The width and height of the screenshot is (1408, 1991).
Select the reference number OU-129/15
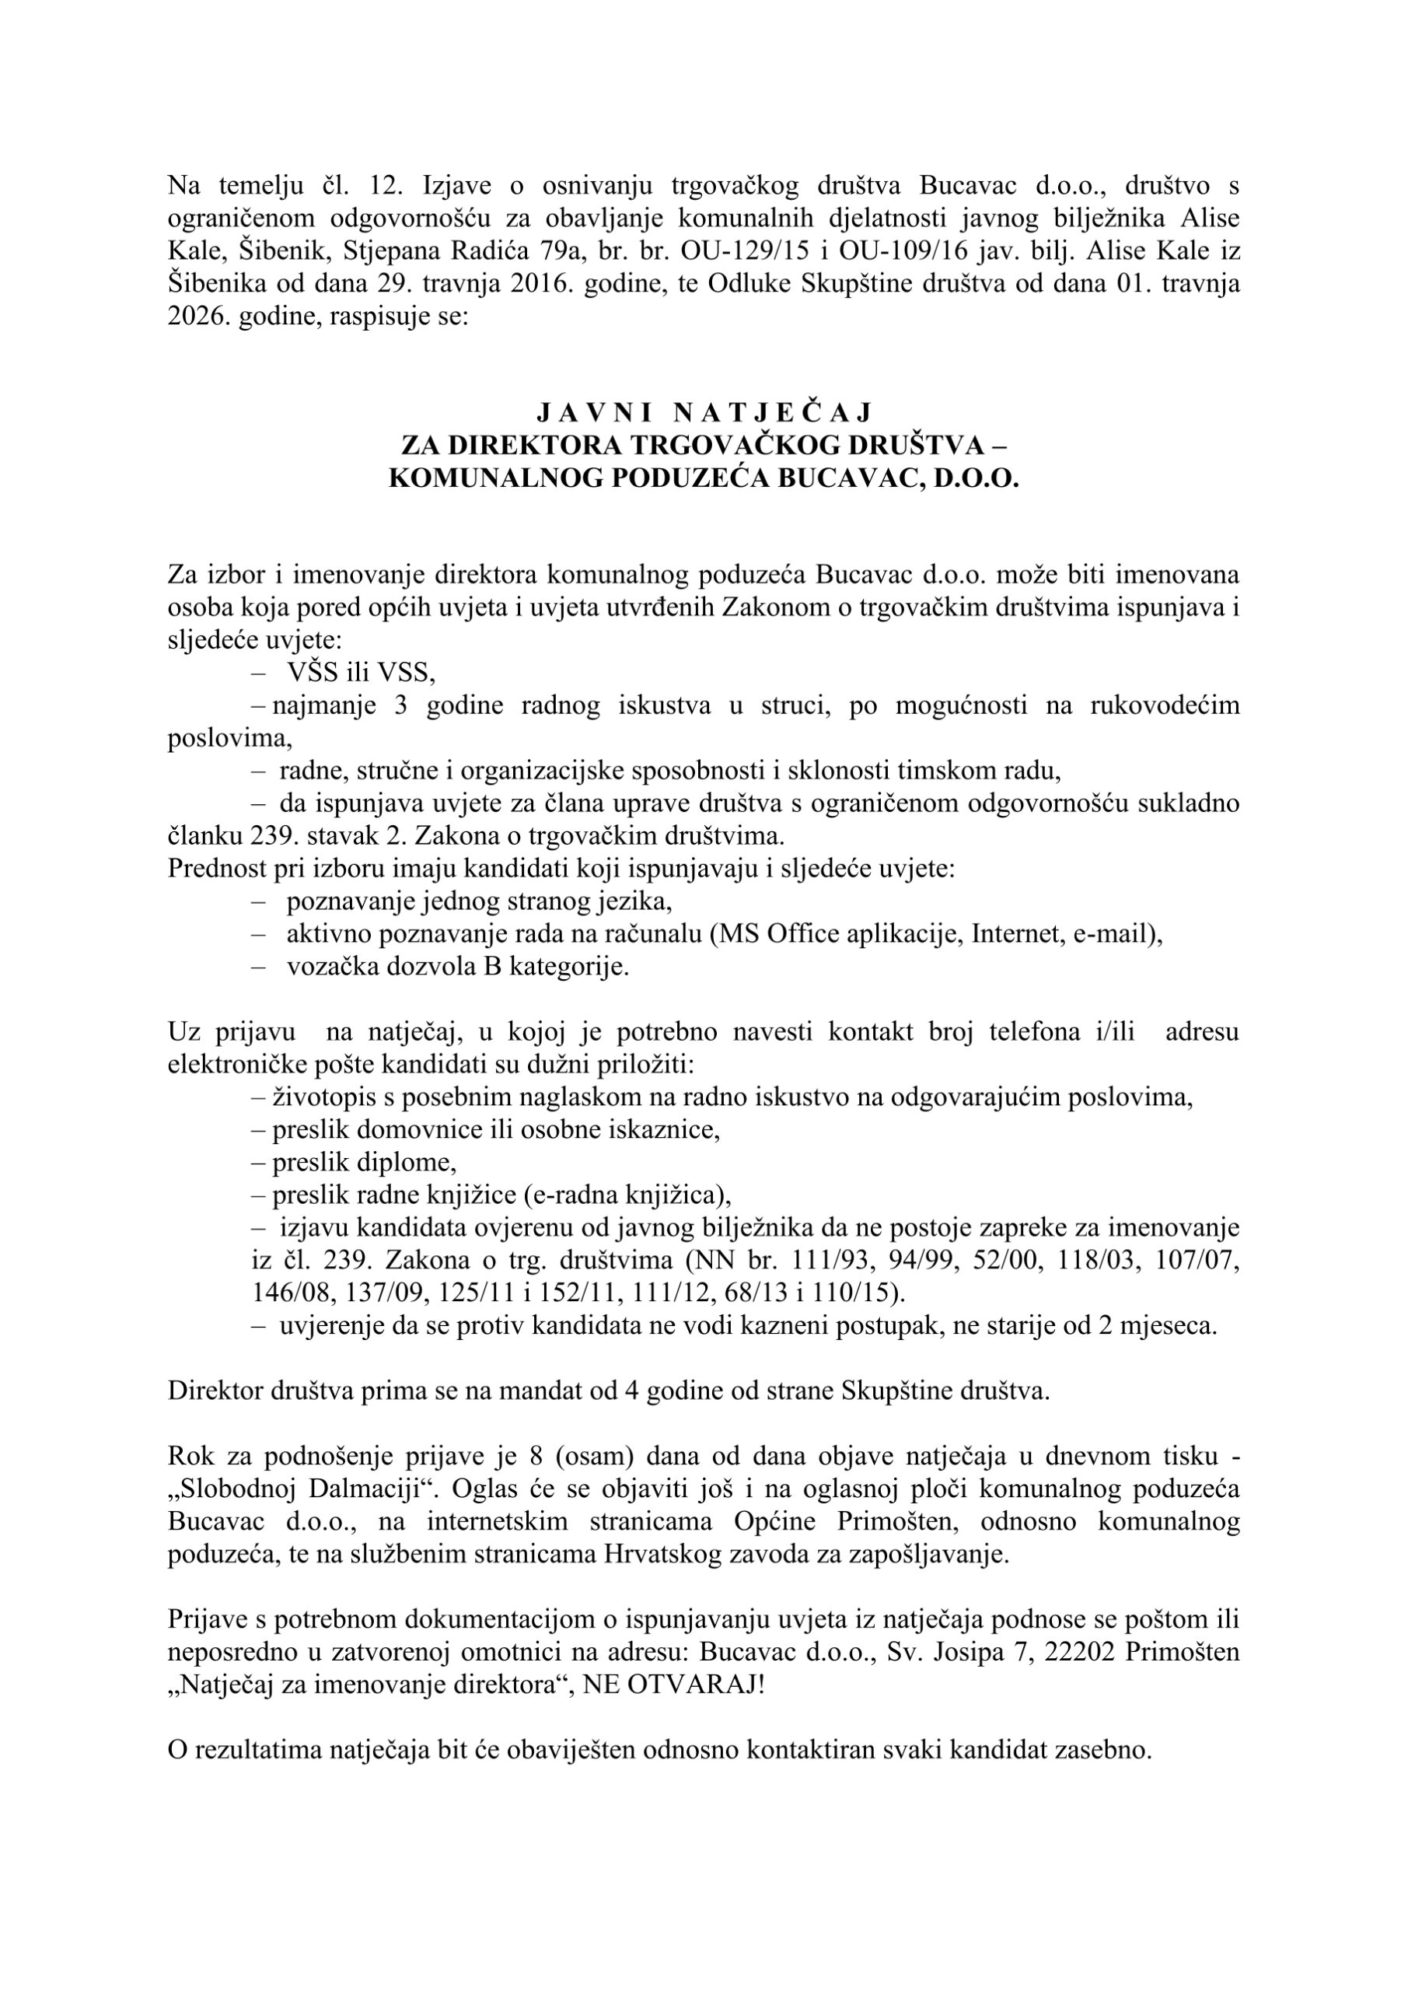743,251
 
